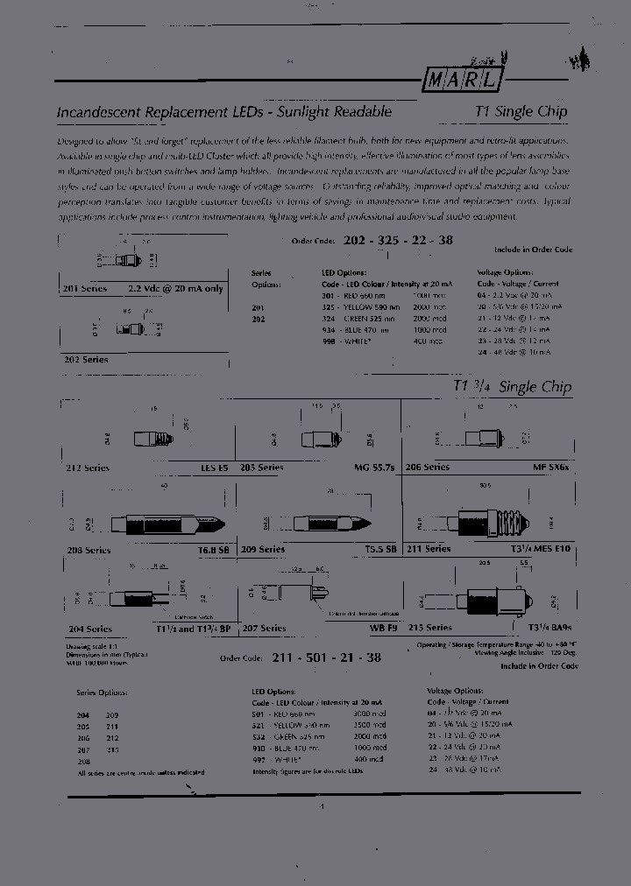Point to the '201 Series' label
click(84, 288)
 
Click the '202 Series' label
click(85, 360)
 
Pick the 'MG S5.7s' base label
click(374, 468)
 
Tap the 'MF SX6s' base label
click(551, 468)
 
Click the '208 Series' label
click(88, 550)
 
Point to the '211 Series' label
click(428, 549)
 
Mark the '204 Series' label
click(88, 629)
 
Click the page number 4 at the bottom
click(322, 807)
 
